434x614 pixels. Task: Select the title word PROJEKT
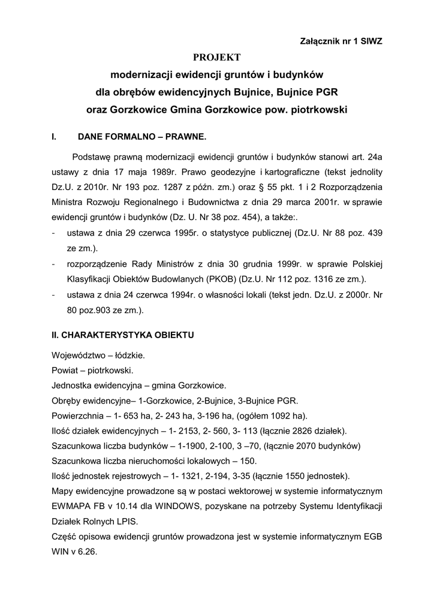click(x=216, y=58)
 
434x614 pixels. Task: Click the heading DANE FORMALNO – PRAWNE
click(x=142, y=137)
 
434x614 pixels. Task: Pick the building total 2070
click(x=298, y=446)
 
